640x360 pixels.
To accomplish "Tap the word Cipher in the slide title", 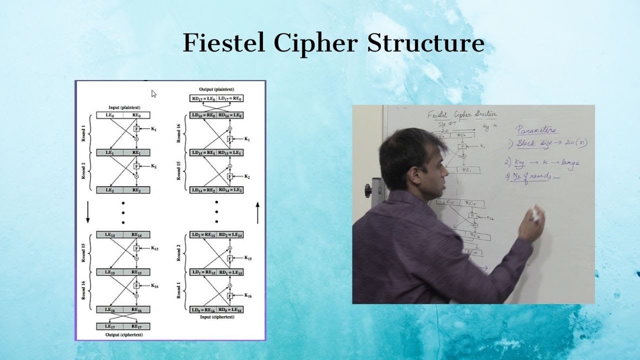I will [316, 43].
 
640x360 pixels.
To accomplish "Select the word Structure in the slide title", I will [425, 43].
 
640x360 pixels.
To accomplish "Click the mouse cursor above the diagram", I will [154, 93].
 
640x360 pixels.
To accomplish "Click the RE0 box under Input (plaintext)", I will [136, 115].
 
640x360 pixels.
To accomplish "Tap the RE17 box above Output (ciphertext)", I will [136, 326].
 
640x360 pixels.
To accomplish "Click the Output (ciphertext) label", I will [123, 334].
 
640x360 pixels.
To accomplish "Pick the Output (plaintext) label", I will [216, 89].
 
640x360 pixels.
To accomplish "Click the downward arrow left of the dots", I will [88, 212].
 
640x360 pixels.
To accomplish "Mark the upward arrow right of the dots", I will [258, 212].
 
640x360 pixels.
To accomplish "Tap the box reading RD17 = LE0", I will [203, 98].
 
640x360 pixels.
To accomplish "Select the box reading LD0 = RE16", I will [203, 310].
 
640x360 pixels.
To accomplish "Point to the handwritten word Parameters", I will [535, 129].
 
